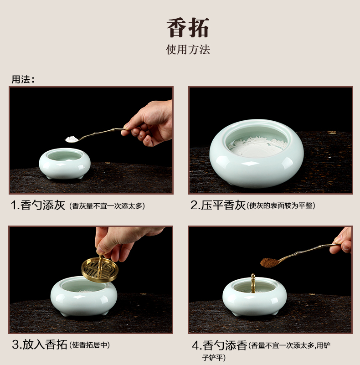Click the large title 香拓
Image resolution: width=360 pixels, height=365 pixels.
pyautogui.click(x=188, y=28)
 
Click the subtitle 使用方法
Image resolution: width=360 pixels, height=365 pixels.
pyautogui.click(x=188, y=50)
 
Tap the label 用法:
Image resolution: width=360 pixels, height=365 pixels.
pyautogui.click(x=23, y=79)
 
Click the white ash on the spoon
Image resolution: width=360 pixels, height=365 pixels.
pyautogui.click(x=72, y=139)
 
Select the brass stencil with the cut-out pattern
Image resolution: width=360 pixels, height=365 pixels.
pyautogui.click(x=100, y=270)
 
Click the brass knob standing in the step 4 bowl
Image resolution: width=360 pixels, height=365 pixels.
pyautogui.click(x=253, y=283)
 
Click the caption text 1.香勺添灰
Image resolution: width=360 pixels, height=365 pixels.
pyautogui.click(x=38, y=206)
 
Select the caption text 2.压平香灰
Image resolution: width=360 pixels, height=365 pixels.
pyautogui.click(x=218, y=206)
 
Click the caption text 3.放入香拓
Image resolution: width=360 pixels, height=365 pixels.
pyautogui.click(x=40, y=344)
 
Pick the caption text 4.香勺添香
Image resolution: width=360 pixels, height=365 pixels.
pyautogui.click(x=219, y=345)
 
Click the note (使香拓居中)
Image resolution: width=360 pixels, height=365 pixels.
pyautogui.click(x=89, y=345)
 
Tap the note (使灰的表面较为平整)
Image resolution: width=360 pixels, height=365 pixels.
pyautogui.click(x=281, y=206)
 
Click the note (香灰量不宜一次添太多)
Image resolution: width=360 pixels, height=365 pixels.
pyautogui.click(x=107, y=206)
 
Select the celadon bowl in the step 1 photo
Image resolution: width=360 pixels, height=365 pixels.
pyautogui.click(x=65, y=164)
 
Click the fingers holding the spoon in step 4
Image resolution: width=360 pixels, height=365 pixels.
pyautogui.click(x=341, y=242)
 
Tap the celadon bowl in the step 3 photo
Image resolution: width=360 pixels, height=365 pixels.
pyautogui.click(x=84, y=296)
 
